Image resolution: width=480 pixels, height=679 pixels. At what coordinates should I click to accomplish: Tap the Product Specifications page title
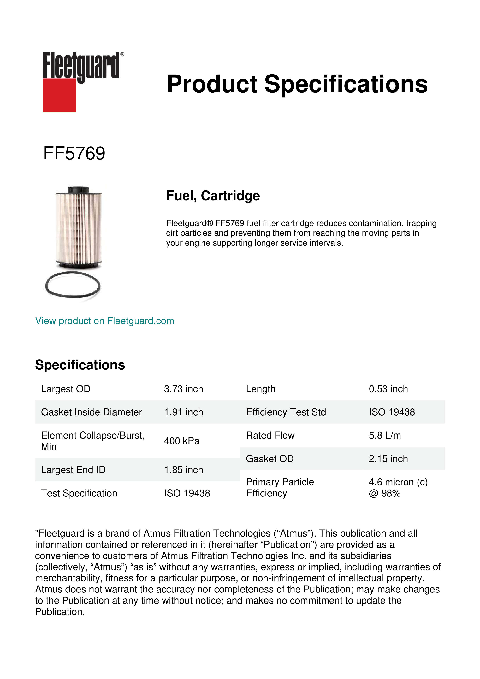coord(297,84)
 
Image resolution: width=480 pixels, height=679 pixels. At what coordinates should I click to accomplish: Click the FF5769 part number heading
coord(74,153)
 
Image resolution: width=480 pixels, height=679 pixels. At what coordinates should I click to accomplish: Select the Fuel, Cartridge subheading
coord(213,196)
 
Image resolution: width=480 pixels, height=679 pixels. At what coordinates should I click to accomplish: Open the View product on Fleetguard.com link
coord(105,321)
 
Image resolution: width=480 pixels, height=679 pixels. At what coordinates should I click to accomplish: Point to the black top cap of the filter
coord(79,189)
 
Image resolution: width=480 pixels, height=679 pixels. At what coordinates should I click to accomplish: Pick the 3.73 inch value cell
coord(184,389)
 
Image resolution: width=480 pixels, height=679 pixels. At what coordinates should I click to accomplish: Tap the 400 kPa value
coord(182,441)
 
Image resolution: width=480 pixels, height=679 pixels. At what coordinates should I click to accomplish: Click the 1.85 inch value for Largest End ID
coord(184,470)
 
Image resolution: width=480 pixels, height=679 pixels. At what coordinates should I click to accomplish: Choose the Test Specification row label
coord(79,493)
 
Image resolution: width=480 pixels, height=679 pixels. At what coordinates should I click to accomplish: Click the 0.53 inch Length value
coord(388,389)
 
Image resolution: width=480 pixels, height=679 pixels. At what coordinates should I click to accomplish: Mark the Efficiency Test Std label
coord(286,412)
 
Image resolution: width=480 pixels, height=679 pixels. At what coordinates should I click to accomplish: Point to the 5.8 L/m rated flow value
coord(385,435)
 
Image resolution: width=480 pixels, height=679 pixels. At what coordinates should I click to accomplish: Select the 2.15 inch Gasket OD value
coord(388,459)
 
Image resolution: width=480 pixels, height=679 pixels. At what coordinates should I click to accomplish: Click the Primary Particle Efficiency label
coord(280,488)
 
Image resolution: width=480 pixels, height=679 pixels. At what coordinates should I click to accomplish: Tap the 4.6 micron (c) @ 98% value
coord(398,488)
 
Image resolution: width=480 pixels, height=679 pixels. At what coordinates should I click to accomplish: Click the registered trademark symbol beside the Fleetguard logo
coord(122,54)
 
